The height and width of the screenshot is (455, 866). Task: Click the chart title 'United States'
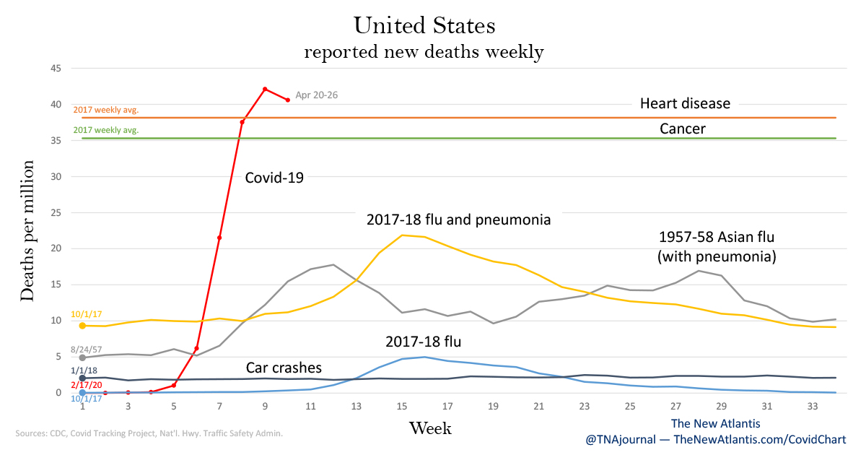point(424,26)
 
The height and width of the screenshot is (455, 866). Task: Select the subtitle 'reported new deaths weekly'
point(424,52)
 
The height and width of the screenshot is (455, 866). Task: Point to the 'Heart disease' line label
point(685,103)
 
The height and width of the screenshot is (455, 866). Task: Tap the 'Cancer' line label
point(682,129)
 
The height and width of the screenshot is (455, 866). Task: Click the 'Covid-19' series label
point(274,177)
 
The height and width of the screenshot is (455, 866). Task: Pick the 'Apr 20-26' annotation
point(318,95)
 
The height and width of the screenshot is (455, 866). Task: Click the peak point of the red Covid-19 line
point(265,89)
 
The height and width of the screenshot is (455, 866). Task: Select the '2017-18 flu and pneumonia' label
point(458,220)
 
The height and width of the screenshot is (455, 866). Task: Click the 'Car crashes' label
point(284,367)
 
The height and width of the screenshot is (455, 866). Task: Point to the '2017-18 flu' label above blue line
point(424,342)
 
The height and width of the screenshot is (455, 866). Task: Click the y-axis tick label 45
point(56,69)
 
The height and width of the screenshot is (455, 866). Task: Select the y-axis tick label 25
point(56,212)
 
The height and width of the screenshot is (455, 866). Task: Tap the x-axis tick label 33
point(813,407)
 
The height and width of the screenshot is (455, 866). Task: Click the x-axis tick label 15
point(401,407)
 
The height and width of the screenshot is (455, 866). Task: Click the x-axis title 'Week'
point(430,428)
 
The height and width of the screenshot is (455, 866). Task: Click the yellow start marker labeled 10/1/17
point(82,326)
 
